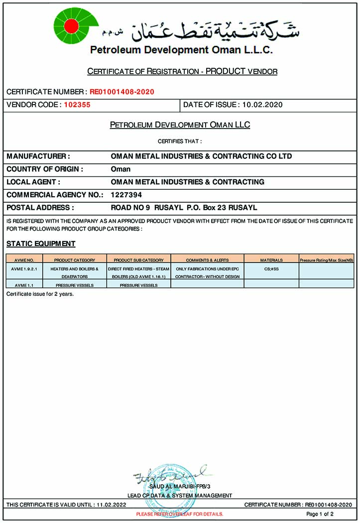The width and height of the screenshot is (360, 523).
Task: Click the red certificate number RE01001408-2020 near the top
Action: [122, 92]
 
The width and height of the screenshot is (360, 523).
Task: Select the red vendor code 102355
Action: [77, 105]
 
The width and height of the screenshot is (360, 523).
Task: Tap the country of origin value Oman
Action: [120, 169]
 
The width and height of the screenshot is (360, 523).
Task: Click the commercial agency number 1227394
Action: [126, 195]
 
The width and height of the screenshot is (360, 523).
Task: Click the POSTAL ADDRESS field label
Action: [40, 208]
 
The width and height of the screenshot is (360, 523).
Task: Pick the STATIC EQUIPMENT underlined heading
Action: [41, 244]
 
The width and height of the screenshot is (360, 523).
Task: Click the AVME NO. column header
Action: [24, 260]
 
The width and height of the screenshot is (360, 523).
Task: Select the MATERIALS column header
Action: [271, 260]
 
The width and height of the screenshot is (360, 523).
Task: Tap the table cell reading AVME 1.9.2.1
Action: [24, 268]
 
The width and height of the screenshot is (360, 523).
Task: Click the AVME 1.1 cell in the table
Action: [24, 285]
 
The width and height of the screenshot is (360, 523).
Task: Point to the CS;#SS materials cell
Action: [271, 268]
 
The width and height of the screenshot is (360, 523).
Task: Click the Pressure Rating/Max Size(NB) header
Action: [327, 260]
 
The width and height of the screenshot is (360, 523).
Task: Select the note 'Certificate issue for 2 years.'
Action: [40, 294]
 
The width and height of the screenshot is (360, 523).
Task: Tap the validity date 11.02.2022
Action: [111, 505]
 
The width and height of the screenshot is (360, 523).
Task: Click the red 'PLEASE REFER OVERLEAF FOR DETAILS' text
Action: [180, 514]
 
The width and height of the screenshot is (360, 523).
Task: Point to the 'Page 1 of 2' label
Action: [320, 514]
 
